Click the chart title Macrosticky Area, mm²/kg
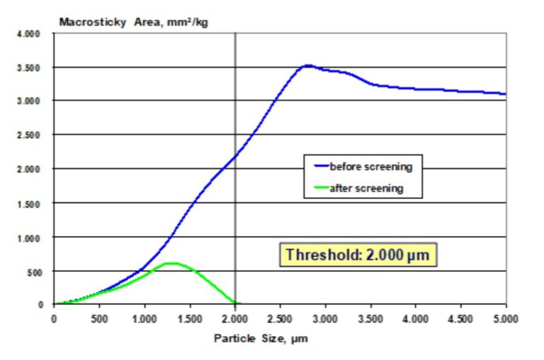click(x=133, y=21)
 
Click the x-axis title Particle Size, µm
click(x=261, y=338)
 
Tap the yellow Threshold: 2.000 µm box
click(x=358, y=254)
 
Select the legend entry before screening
click(x=370, y=167)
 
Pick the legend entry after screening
click(x=366, y=189)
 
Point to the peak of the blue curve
click(x=307, y=65)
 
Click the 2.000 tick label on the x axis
click(x=234, y=318)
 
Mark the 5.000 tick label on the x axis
click(x=506, y=318)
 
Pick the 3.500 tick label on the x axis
click(x=370, y=318)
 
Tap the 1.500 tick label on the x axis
click(x=190, y=318)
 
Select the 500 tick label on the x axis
click(x=99, y=318)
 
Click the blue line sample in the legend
click(x=319, y=168)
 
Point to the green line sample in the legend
click(x=319, y=189)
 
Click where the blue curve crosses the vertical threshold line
click(x=235, y=155)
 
